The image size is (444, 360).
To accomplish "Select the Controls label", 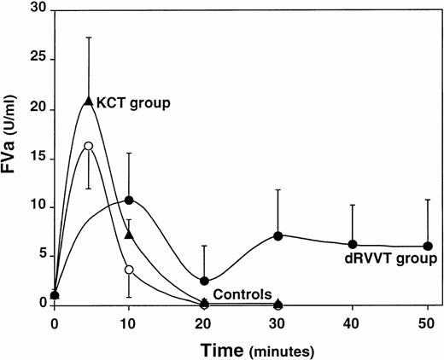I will point(242,293).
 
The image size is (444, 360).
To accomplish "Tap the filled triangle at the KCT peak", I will point(89,101).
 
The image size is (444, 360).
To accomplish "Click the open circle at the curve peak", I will point(88,146).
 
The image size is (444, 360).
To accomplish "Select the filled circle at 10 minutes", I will point(129,200).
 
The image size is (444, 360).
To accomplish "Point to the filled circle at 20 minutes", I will point(204,281).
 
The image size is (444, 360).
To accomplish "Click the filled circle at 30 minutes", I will point(278,235).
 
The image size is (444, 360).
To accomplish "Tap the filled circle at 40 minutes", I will point(353,245).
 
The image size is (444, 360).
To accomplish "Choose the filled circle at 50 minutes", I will point(427,247).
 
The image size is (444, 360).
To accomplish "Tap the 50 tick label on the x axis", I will point(427,323).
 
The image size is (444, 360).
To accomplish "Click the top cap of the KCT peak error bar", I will point(89,38).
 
